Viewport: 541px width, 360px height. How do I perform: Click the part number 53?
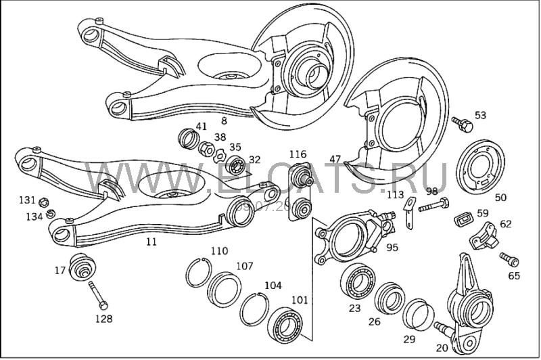480,115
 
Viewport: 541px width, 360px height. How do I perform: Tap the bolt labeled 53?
463,124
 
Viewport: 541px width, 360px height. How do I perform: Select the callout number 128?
103,319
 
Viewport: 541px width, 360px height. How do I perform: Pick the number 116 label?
298,154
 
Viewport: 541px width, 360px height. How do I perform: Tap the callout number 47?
335,159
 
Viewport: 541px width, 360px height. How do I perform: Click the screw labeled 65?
509,259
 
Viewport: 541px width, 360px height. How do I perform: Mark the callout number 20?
442,348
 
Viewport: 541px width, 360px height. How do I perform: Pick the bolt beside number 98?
434,204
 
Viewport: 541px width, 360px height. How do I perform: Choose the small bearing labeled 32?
237,164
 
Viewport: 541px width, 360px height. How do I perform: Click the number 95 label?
392,247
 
